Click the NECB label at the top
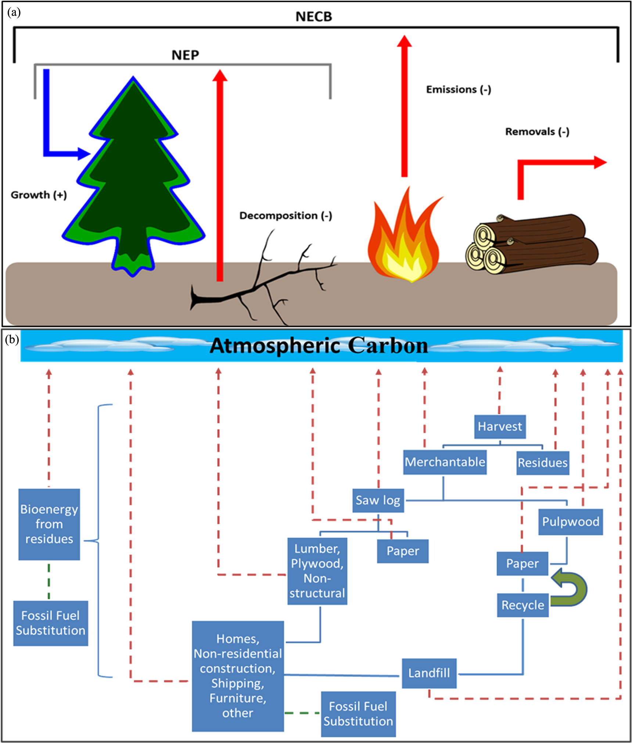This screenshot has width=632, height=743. [314, 17]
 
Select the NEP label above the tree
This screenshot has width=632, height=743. [185, 55]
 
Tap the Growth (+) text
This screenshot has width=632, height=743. [39, 195]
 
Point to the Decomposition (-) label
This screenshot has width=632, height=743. [286, 216]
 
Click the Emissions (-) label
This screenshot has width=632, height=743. [458, 90]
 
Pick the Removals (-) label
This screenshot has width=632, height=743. [537, 132]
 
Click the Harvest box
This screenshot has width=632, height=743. [500, 426]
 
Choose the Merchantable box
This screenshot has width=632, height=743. [445, 462]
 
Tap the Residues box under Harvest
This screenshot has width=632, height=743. [542, 463]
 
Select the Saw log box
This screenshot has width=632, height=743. [378, 500]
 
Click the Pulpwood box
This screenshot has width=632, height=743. [570, 522]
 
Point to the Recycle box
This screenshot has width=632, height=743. [523, 605]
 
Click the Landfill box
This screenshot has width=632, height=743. [429, 673]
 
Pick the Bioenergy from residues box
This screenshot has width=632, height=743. [49, 524]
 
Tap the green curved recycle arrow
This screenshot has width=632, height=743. [571, 588]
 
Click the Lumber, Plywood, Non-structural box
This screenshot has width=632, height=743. [317, 571]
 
